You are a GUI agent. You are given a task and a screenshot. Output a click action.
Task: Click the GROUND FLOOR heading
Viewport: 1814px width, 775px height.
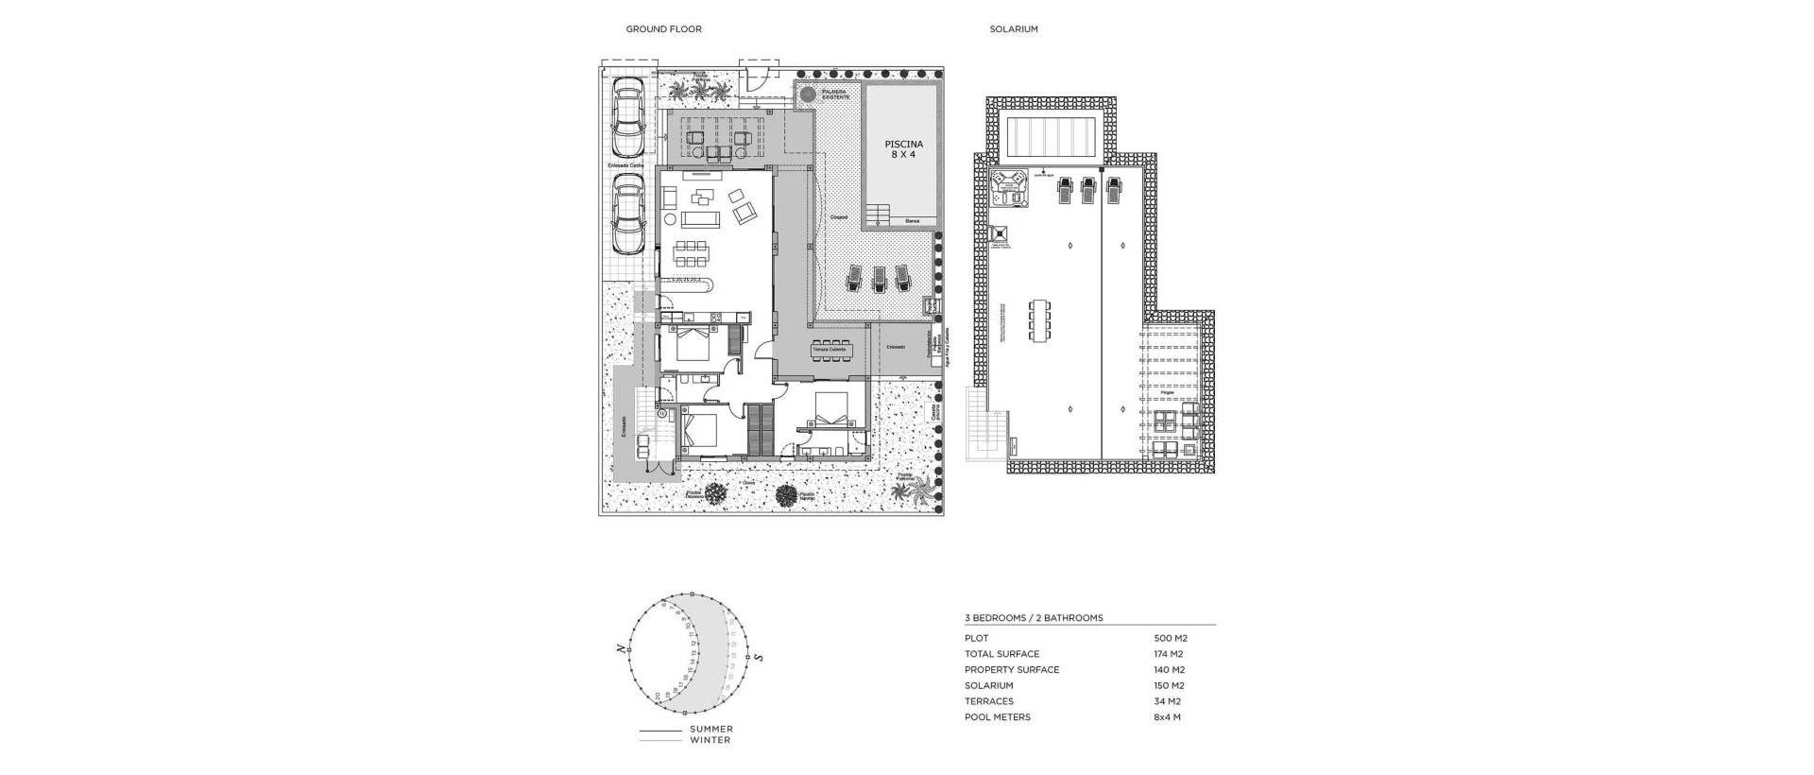click(663, 29)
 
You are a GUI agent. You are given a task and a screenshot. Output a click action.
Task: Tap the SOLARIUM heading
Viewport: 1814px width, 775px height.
click(1014, 29)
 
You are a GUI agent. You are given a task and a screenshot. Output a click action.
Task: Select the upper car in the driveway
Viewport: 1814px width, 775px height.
click(627, 118)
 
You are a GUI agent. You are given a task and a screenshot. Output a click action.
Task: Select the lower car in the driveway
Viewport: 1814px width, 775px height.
click(627, 214)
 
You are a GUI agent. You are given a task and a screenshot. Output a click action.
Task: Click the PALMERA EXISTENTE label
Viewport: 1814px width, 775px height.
click(834, 95)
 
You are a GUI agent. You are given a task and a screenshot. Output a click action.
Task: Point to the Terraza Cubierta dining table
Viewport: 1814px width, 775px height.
click(831, 351)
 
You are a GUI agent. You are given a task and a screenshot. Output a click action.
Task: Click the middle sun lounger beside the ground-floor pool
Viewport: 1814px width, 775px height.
click(879, 278)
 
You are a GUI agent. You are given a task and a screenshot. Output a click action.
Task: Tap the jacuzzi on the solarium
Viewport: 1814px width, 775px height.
click(1007, 189)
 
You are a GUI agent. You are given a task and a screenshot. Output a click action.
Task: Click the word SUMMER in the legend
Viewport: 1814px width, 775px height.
click(710, 729)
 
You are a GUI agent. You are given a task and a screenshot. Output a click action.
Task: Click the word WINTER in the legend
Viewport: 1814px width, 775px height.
click(710, 740)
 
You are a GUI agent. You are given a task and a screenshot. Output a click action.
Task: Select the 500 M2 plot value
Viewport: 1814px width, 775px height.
click(1171, 638)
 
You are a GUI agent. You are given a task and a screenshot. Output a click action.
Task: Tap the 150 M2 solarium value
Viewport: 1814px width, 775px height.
click(1169, 685)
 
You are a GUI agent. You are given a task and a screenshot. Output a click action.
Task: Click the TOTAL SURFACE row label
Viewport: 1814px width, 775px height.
click(1001, 654)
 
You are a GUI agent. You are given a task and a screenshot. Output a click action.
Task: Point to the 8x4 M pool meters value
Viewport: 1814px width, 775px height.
click(1167, 717)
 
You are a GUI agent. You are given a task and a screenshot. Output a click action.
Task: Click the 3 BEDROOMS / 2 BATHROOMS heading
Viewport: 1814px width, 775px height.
click(1034, 618)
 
